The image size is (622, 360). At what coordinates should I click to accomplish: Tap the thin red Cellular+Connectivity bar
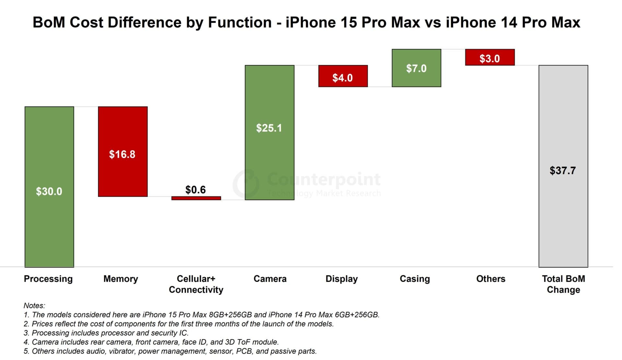[196, 198]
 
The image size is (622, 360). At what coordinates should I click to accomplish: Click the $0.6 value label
[195, 190]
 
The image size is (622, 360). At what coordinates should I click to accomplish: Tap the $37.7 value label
[563, 171]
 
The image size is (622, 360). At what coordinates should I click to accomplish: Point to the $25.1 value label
[269, 128]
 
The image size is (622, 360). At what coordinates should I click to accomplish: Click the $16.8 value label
[122, 154]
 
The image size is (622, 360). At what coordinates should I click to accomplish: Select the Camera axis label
[270, 279]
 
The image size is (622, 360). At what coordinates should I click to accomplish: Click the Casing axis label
[415, 279]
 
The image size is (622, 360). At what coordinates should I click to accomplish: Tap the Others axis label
[490, 279]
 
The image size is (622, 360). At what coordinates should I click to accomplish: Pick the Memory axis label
[121, 279]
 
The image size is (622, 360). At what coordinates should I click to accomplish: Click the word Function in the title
[240, 23]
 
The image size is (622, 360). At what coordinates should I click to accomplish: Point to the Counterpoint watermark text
[324, 179]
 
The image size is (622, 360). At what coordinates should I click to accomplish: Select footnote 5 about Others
[170, 351]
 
